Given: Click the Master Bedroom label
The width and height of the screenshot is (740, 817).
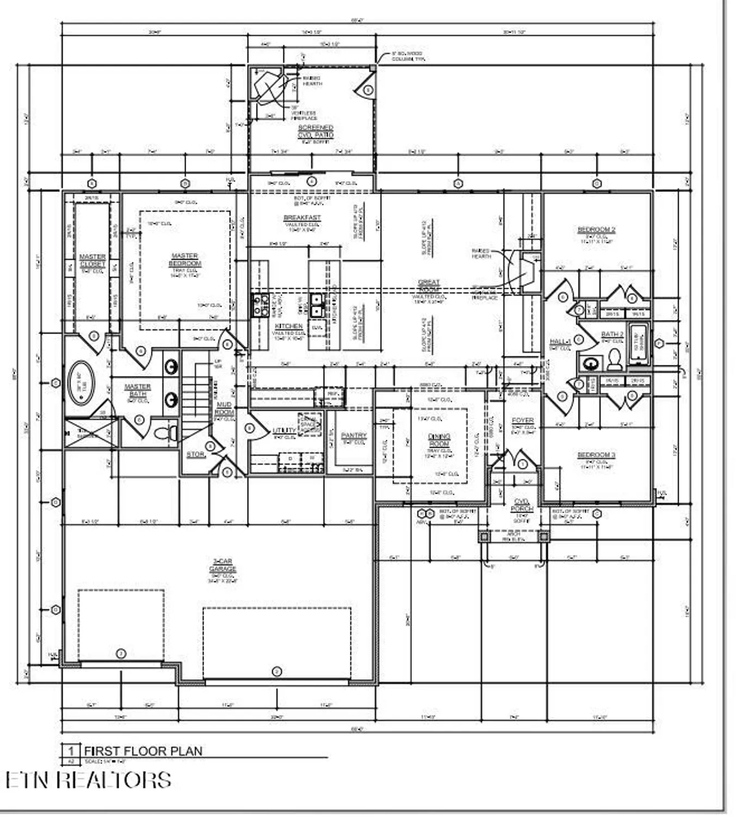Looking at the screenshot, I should pyautogui.click(x=185, y=260).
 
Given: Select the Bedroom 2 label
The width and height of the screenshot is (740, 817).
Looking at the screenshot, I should pyautogui.click(x=596, y=230).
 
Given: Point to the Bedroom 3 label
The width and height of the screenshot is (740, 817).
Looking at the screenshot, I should pyautogui.click(x=596, y=455).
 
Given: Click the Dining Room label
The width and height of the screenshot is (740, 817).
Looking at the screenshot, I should pyautogui.click(x=439, y=440).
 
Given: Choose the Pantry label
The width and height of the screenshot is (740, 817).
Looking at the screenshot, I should pyautogui.click(x=354, y=436).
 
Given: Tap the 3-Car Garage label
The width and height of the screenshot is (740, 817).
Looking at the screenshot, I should pyautogui.click(x=223, y=565).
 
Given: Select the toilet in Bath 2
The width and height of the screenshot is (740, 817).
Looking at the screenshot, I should pyautogui.click(x=615, y=360).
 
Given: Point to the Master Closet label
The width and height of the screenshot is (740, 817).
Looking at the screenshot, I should pyautogui.click(x=92, y=260).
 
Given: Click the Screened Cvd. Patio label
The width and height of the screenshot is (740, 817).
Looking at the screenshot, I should pyautogui.click(x=316, y=131).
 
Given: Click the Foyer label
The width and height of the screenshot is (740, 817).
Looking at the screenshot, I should pyautogui.click(x=523, y=420).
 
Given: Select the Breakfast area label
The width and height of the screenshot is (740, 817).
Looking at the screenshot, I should pyautogui.click(x=303, y=218).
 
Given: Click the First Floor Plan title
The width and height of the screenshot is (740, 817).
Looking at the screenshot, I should pyautogui.click(x=143, y=751).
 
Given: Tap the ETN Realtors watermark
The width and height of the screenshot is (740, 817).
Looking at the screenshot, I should pyautogui.click(x=89, y=780).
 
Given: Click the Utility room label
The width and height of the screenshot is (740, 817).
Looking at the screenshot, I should pyautogui.click(x=284, y=431).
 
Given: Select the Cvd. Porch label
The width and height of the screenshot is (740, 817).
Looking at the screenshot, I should pyautogui.click(x=521, y=505).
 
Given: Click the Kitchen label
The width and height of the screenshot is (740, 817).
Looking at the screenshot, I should pyautogui.click(x=288, y=326).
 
